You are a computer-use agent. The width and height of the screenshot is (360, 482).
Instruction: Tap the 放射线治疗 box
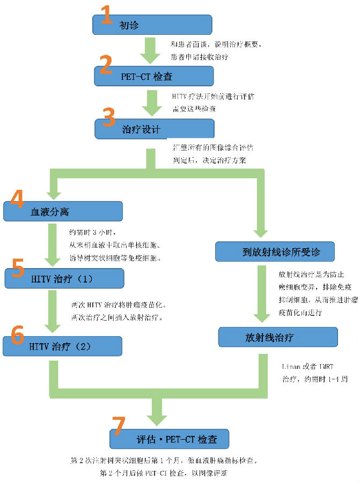(x=278, y=338)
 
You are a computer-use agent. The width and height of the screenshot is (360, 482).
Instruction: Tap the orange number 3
(x=109, y=116)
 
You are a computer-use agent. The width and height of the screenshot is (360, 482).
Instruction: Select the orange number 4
(x=17, y=199)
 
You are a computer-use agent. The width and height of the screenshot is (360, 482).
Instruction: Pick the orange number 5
(x=17, y=268)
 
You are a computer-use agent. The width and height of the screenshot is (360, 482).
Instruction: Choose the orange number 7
(x=118, y=426)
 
